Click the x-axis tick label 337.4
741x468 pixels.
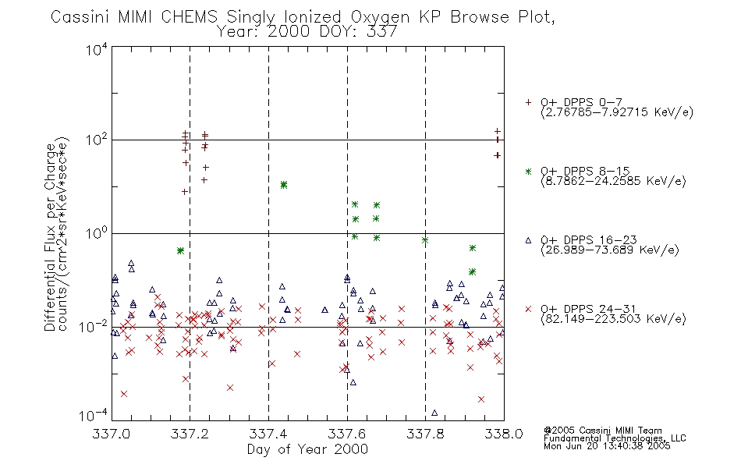tap(268, 434)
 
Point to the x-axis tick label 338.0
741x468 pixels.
tap(504, 434)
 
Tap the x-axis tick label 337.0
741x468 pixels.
tap(112, 434)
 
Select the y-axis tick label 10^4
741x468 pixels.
tap(97, 49)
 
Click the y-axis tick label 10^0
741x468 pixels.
tap(97, 233)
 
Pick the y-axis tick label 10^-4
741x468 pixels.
tap(95, 415)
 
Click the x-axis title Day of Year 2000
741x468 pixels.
tap(307, 449)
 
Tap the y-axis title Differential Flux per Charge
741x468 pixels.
tap(50, 237)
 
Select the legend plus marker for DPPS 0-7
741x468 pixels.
tap(528, 102)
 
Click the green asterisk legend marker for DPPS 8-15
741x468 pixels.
tap(528, 171)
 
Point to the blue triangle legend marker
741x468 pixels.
tap(528, 240)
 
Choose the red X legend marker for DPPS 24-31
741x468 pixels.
tap(528, 309)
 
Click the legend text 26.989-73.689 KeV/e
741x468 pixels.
tap(610, 250)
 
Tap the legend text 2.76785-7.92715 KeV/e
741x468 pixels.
tap(617, 112)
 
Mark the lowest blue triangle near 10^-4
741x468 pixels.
tap(434, 413)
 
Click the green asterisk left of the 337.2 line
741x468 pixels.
tap(180, 250)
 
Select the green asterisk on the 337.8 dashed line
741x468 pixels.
tap(425, 240)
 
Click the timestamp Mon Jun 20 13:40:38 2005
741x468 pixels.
tap(607, 446)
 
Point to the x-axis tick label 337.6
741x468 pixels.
tap(347, 434)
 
